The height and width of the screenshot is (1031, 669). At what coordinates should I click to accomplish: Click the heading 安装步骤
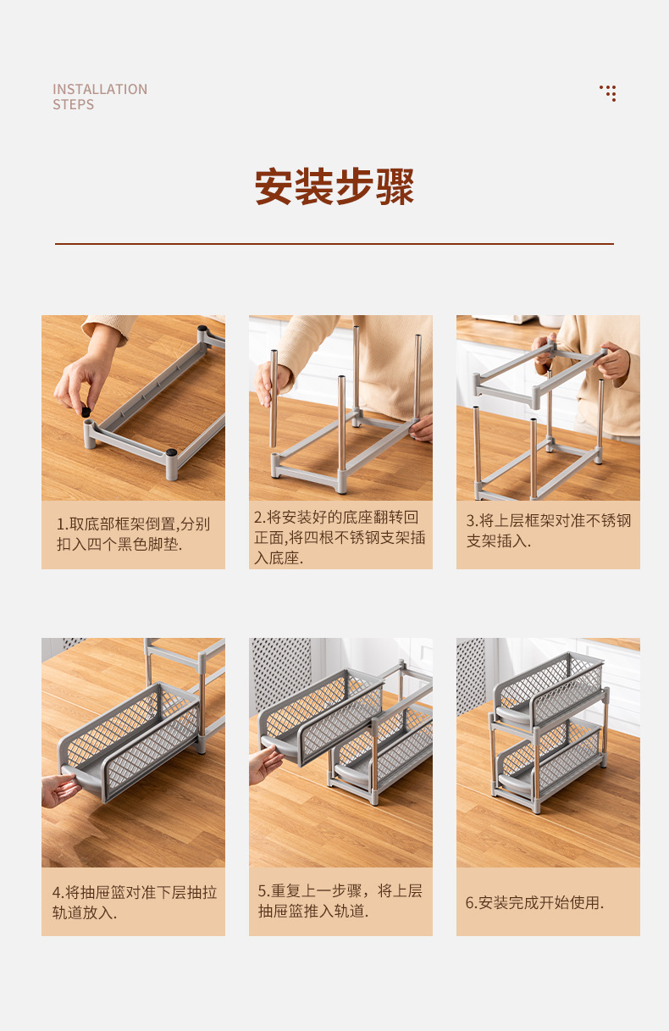point(334,187)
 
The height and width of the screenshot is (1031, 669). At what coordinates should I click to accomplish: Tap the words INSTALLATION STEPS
point(100,97)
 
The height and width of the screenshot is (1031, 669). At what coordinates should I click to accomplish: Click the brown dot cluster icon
point(608,93)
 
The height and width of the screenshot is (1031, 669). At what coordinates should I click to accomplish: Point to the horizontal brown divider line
point(334,244)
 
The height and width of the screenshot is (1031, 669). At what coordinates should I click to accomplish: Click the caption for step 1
point(133,534)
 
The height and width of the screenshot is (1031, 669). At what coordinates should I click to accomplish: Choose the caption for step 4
point(133,902)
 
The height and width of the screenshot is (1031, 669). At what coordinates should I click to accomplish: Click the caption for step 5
point(340,901)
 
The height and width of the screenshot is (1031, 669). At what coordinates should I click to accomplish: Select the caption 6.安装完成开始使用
point(534,902)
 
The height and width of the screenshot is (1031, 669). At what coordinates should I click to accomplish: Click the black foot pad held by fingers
point(86,412)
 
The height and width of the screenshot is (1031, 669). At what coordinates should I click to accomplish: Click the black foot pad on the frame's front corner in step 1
point(172,453)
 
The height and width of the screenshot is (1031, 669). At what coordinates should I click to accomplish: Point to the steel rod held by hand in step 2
point(274,398)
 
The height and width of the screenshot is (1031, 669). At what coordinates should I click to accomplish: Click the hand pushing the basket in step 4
point(59,790)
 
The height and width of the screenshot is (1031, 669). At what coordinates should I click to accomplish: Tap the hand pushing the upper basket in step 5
point(264,763)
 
